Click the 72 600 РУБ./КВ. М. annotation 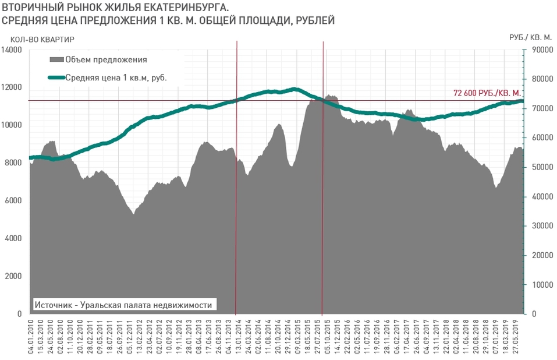click(487, 93)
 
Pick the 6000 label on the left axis click(13, 200)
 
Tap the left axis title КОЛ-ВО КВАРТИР click(42, 39)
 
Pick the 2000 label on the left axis click(13, 276)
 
